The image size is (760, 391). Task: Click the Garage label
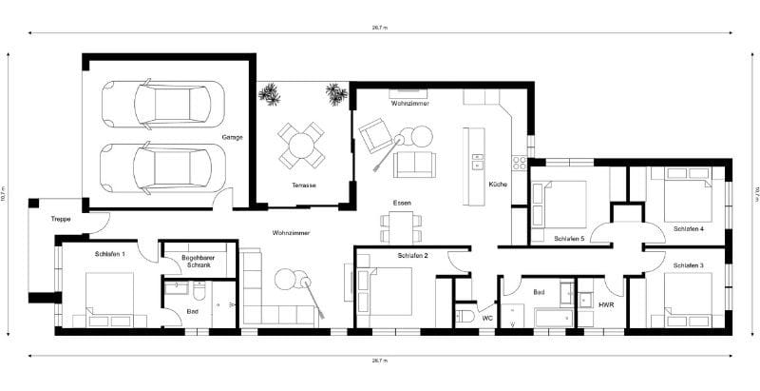point(232,137)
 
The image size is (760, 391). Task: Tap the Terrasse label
point(304,185)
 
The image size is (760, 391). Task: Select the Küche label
point(498,184)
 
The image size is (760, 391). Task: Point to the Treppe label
point(61,217)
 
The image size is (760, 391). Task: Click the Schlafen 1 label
point(110,254)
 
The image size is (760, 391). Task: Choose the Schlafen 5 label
point(569,238)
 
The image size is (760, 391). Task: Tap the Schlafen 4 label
point(688,229)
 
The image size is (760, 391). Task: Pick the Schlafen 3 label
point(688,264)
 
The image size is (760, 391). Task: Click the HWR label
point(605,305)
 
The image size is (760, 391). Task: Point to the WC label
point(487,317)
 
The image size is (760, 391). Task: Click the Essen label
point(401,204)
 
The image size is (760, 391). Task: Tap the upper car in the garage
point(162,103)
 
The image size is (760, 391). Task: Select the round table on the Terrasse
point(301,146)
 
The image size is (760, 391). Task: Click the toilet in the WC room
point(465,316)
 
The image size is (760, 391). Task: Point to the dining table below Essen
point(401,226)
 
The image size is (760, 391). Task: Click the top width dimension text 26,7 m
point(380,29)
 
